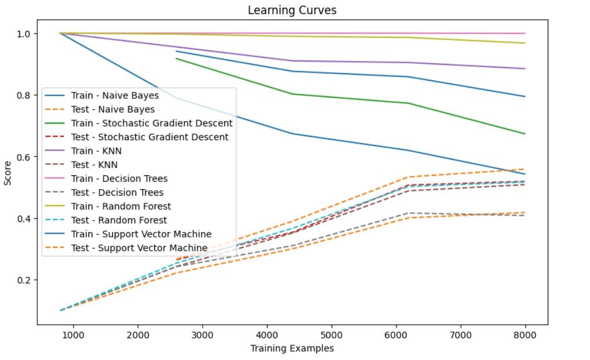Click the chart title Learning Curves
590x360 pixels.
(x=292, y=10)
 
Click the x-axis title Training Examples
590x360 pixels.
(x=292, y=348)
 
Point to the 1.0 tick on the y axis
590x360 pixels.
(x=25, y=34)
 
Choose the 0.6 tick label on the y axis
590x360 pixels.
(x=25, y=157)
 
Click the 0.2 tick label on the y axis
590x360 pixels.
(x=25, y=280)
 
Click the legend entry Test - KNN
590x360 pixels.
(x=94, y=165)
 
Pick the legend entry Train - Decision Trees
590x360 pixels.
(x=119, y=179)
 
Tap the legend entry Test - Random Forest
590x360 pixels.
(x=119, y=220)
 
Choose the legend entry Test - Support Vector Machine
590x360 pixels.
(x=139, y=248)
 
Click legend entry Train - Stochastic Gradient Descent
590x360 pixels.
(x=152, y=123)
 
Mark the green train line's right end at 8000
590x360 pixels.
(x=525, y=134)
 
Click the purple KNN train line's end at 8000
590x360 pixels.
(x=525, y=69)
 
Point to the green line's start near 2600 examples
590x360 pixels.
(x=176, y=58)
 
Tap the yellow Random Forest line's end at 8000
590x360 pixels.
(x=525, y=43)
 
